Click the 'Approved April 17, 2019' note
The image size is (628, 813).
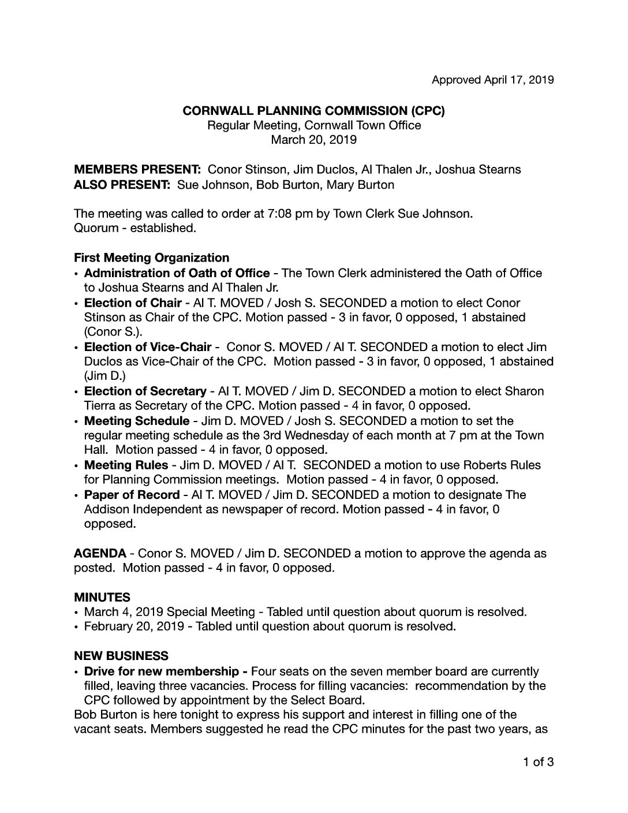(492, 80)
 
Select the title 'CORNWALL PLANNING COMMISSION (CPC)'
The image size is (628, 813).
(313, 111)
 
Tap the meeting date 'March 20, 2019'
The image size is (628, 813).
(313, 140)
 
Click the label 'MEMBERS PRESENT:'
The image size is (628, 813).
(137, 170)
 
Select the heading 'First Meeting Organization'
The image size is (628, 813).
(151, 258)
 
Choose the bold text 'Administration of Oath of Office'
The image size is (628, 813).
(177, 273)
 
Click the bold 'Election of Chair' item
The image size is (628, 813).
(133, 303)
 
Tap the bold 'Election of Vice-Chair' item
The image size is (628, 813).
(148, 347)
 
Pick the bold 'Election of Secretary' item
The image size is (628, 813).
(145, 391)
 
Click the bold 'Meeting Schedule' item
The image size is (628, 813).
(137, 421)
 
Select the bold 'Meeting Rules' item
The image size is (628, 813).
(126, 465)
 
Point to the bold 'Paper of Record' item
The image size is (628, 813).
(132, 495)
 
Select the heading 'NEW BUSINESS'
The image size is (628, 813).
(121, 656)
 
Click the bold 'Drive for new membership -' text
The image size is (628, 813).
(166, 672)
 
